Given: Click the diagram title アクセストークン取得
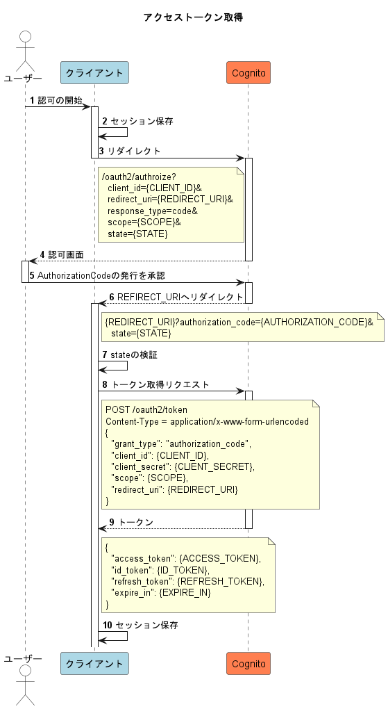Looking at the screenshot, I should click(193, 17).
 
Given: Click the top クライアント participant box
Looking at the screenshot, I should click(94, 72).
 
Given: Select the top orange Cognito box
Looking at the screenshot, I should click(248, 72).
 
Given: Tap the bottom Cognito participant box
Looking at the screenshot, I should click(248, 663).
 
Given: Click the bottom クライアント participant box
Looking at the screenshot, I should click(94, 663).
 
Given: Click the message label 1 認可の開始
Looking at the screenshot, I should click(56, 101).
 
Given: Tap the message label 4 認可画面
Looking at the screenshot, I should click(62, 255).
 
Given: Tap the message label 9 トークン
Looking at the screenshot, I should click(131, 521).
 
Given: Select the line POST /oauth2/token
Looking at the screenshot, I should click(146, 409).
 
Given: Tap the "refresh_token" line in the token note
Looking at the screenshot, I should click(187, 581).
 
